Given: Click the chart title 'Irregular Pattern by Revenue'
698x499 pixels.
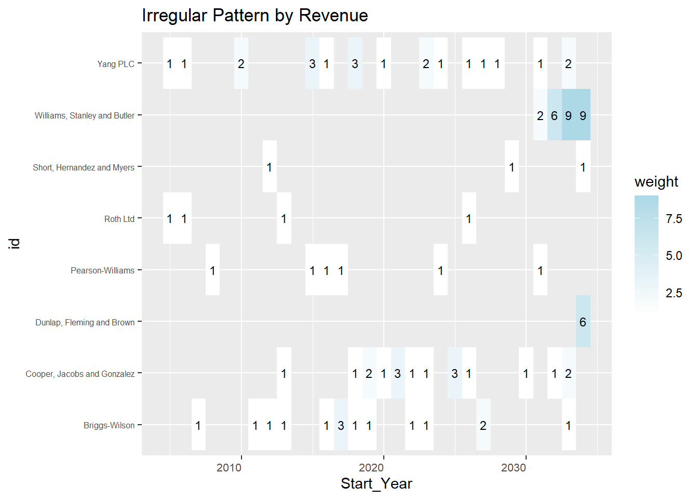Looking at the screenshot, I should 254,16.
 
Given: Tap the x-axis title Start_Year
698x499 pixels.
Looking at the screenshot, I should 376,483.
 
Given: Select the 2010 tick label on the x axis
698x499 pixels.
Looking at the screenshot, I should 229,467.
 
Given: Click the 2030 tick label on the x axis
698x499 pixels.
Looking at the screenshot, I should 514,467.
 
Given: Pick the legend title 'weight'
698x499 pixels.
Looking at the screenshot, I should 656,181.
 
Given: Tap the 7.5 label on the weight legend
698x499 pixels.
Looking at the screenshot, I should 674,219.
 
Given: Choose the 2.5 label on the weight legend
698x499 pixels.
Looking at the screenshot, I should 674,293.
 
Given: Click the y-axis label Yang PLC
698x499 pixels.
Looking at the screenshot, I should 115,64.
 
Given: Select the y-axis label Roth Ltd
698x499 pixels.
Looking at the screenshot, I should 119,219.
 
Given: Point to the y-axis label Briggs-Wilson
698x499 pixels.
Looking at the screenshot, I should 109,425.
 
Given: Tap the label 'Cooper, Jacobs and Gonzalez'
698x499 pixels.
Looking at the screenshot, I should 80,374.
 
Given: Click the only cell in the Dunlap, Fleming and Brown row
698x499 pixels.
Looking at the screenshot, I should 583,322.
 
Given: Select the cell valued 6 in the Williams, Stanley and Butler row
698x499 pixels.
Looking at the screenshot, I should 554,115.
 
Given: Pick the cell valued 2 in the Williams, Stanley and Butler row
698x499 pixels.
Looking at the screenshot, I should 540,115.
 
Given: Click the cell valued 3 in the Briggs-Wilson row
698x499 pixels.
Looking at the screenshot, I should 341,425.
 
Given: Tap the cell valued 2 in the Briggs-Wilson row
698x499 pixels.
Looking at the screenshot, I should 483,425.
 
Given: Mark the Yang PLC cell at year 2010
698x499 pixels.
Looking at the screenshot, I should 241,64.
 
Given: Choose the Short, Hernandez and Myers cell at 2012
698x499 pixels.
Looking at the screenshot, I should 269,167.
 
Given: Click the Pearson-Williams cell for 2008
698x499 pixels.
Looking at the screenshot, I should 212,270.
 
